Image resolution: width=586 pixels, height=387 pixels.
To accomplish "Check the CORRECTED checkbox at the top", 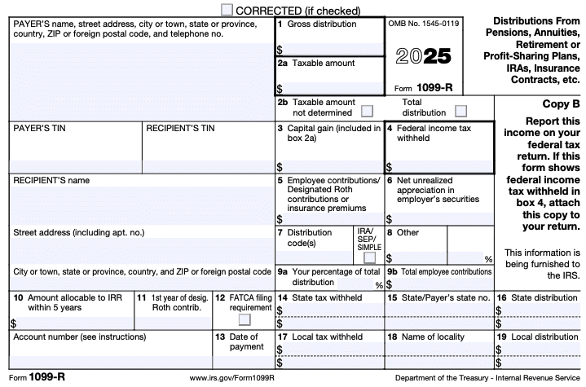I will pyautogui.click(x=227, y=9).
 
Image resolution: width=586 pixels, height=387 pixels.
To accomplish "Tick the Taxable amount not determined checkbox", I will pyautogui.click(x=367, y=111).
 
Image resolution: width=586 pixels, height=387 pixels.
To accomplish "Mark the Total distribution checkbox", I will pyautogui.click(x=461, y=111).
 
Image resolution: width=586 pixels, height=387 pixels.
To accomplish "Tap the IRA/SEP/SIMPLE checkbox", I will pyautogui.click(x=369, y=257).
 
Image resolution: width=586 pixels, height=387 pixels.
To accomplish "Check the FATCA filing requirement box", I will pyautogui.click(x=244, y=319).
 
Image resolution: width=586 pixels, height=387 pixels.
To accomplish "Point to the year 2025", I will pyautogui.click(x=424, y=57).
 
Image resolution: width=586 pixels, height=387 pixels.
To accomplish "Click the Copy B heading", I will pyautogui.click(x=561, y=104).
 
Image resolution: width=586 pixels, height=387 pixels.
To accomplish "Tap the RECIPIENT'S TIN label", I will pyautogui.click(x=180, y=129).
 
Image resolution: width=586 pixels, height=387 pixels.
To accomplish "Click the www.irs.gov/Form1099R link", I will pyautogui.click(x=231, y=379).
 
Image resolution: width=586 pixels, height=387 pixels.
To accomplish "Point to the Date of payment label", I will pyautogui.click(x=247, y=341).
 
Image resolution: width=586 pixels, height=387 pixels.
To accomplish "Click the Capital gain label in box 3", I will pyautogui.click(x=328, y=134).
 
